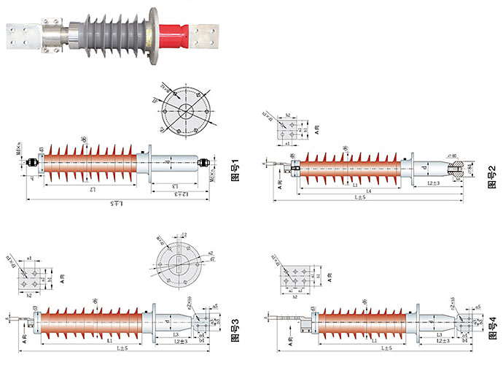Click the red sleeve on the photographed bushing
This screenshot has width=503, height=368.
coord(173,34)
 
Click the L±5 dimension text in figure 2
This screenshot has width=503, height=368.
coord(360,197)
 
